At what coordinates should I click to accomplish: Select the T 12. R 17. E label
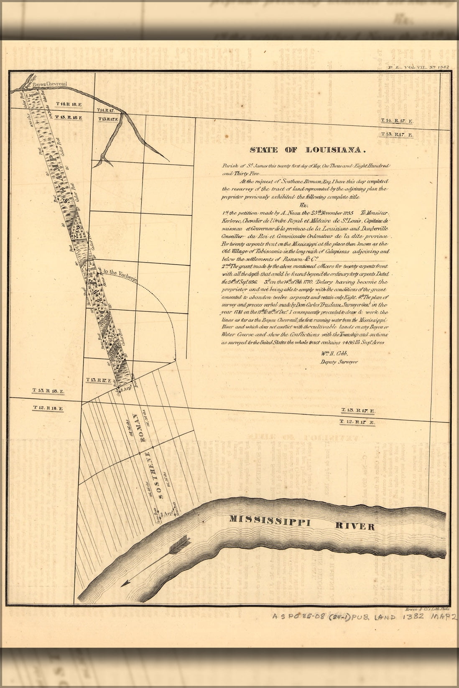tap(357, 422)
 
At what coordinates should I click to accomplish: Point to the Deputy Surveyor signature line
tap(339, 362)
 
